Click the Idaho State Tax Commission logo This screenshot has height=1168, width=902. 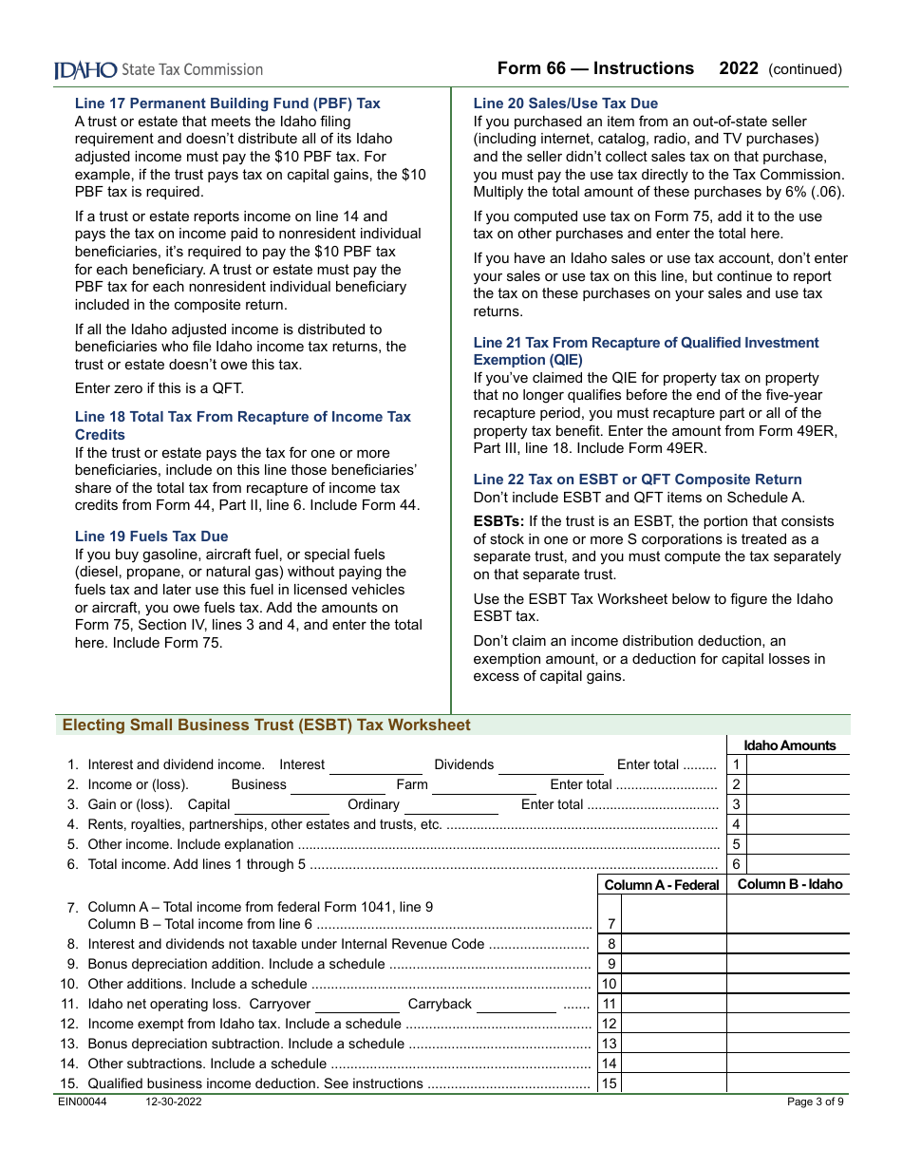[159, 70]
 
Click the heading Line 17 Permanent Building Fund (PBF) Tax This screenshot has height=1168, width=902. [228, 104]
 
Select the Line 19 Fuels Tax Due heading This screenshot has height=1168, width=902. [152, 537]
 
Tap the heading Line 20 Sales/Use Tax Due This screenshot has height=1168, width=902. [566, 104]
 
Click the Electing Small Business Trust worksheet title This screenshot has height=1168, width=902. [267, 725]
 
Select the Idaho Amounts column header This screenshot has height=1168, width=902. [789, 745]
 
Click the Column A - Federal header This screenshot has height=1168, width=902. [662, 885]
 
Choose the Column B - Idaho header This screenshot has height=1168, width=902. [790, 884]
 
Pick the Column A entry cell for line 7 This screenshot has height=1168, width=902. [674, 915]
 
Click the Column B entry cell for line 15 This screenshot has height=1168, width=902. [788, 1083]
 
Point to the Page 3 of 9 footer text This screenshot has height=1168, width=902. [815, 1102]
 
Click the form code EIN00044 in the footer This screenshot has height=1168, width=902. [82, 1102]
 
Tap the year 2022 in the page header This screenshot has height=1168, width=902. [739, 68]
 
